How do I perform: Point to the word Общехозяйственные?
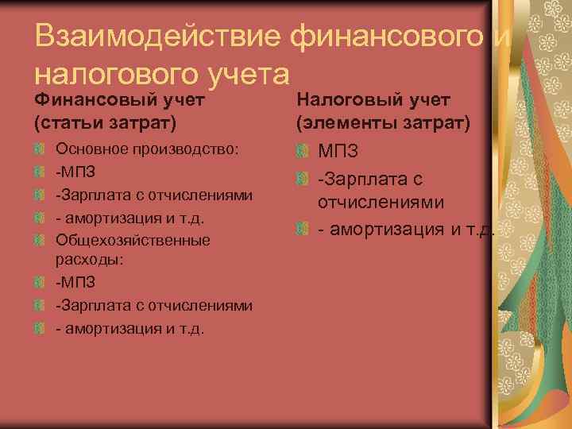[133, 239]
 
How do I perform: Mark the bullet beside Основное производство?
[40, 149]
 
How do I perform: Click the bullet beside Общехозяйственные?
[40, 239]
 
